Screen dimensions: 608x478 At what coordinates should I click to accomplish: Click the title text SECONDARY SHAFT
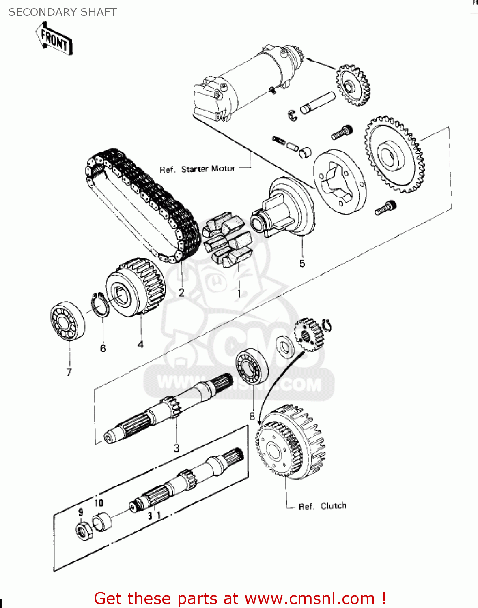pyautogui.click(x=62, y=12)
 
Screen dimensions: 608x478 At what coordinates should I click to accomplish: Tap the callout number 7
pyautogui.click(x=69, y=372)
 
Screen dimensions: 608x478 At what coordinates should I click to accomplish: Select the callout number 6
pyautogui.click(x=103, y=348)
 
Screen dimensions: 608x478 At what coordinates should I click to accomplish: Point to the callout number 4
pyautogui.click(x=140, y=345)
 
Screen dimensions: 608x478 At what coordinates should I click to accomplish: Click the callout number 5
pyautogui.click(x=302, y=263)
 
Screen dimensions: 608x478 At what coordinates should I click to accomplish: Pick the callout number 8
pyautogui.click(x=252, y=416)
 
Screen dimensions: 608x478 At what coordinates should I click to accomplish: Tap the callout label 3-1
pyautogui.click(x=154, y=515)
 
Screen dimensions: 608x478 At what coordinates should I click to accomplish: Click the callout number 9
pyautogui.click(x=81, y=512)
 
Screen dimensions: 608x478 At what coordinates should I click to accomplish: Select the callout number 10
pyautogui.click(x=99, y=503)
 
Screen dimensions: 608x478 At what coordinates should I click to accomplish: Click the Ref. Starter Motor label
pyautogui.click(x=198, y=169)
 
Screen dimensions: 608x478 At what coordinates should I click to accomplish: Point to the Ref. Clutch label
pyautogui.click(x=323, y=506)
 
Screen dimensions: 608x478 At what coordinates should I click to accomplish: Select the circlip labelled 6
pyautogui.click(x=100, y=304)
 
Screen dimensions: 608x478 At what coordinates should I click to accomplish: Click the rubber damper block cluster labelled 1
pyautogui.click(x=226, y=242)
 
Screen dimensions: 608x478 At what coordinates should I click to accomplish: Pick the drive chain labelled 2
pyautogui.click(x=142, y=203)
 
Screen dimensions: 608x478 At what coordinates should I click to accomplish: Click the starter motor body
pyautogui.click(x=243, y=81)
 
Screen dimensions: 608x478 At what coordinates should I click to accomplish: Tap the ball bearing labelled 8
pyautogui.click(x=252, y=366)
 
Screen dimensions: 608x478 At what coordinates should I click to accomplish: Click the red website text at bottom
pyautogui.click(x=239, y=598)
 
